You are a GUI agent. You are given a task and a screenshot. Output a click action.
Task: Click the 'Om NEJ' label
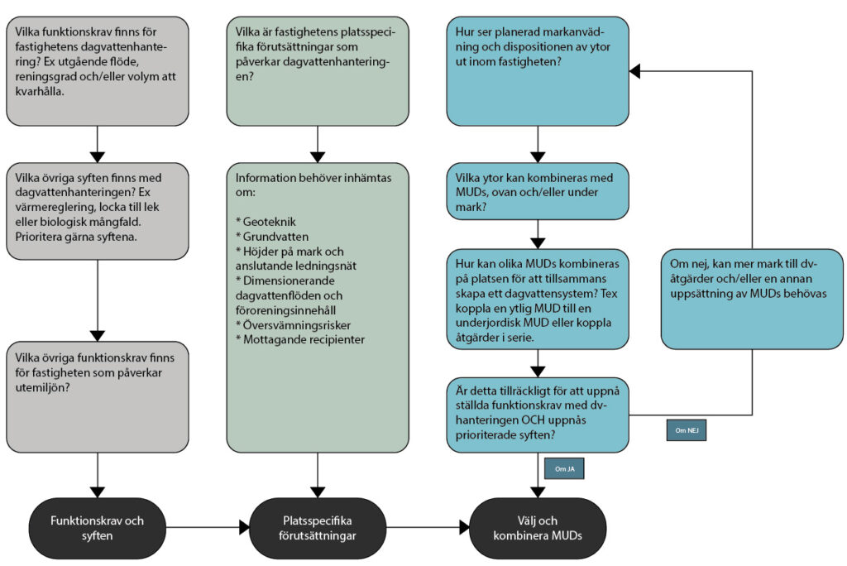pos(687,430)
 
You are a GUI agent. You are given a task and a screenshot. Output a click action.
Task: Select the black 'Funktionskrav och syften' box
pos(98,527)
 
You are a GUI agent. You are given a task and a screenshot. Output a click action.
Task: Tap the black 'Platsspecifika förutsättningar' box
pos(317,527)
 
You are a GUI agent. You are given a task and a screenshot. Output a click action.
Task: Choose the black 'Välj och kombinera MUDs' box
pos(538,527)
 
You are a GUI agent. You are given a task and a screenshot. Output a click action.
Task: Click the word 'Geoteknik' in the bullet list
pos(272,222)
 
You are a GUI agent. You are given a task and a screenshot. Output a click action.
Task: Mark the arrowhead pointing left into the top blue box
pos(635,72)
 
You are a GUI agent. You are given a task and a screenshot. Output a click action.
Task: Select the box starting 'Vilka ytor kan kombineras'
pos(538,190)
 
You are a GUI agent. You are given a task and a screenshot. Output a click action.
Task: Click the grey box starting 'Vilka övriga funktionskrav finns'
pos(98,396)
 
